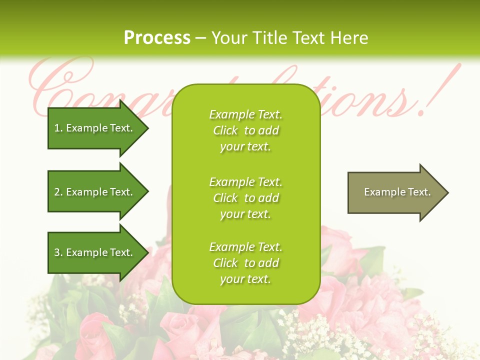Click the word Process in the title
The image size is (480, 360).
[x=157, y=38]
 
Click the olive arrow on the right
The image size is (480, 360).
[x=395, y=192]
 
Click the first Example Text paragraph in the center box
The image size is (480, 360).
[x=245, y=130]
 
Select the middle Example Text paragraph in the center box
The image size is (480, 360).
[x=245, y=198]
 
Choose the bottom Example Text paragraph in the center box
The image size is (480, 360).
[x=245, y=263]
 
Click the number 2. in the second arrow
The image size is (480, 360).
[x=58, y=192]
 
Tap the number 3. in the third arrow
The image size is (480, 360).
[x=58, y=252]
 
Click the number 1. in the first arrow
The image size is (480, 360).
[x=58, y=128]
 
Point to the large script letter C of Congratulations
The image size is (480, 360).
[x=55, y=87]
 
